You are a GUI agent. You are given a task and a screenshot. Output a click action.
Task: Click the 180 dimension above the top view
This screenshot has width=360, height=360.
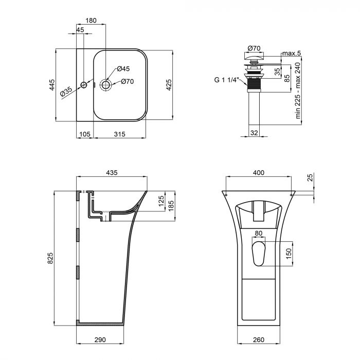pos(91,20)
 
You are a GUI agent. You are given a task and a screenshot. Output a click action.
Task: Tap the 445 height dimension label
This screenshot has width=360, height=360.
pos(52,85)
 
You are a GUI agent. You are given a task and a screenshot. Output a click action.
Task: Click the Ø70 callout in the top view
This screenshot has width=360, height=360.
pos(128,81)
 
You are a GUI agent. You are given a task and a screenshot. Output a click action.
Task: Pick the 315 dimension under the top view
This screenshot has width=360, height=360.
pos(119,134)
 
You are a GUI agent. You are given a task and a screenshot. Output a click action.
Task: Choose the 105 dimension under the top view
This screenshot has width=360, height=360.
pos(84,134)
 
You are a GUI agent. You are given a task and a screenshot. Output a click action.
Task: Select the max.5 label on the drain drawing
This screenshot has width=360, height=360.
pos(291,53)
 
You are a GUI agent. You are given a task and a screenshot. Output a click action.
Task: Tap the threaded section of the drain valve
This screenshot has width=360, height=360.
pos(253,83)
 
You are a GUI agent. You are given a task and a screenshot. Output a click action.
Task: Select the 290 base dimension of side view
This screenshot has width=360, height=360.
pos(100,340)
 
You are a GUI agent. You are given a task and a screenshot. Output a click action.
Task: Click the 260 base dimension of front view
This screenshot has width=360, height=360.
pos(259,340)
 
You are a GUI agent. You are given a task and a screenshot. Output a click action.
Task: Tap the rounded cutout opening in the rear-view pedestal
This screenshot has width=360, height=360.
pos(259,253)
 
